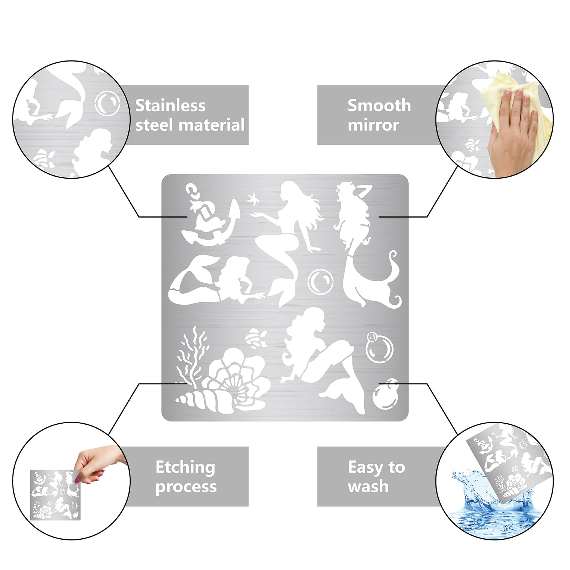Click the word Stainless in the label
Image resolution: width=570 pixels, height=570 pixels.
170,105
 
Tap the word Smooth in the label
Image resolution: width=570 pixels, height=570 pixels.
379,105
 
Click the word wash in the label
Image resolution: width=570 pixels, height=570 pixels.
368,486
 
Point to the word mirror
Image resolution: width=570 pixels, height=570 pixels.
373,125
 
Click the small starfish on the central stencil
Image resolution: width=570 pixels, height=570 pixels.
253,198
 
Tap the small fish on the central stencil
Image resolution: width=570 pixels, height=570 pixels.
257,338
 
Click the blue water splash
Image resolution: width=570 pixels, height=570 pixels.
495,506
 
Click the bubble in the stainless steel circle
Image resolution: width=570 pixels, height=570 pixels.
107,103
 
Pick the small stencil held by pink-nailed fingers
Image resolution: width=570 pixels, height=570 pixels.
55,495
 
